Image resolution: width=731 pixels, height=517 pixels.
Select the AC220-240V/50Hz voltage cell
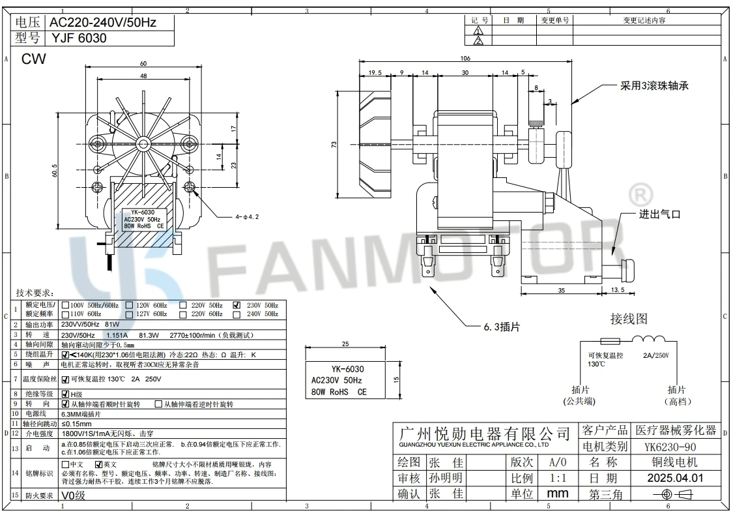(x=103, y=23)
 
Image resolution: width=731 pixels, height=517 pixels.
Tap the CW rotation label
(x=34, y=59)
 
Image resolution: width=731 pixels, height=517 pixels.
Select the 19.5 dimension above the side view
(x=375, y=73)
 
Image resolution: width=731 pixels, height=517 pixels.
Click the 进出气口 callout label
(x=659, y=214)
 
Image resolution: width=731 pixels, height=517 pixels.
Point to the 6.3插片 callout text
(x=501, y=327)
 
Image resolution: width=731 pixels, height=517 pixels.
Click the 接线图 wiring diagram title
(x=629, y=319)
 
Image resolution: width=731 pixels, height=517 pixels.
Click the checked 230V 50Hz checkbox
(x=237, y=305)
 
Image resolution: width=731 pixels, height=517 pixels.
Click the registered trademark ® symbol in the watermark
(x=639, y=195)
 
